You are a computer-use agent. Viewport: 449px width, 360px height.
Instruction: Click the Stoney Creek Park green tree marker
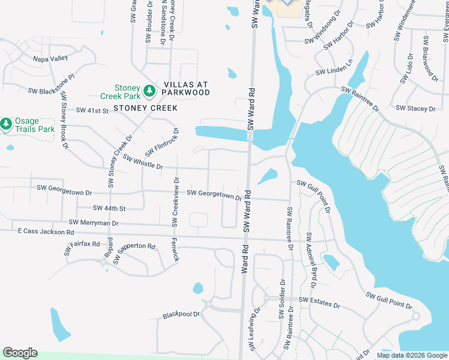pos(149,92)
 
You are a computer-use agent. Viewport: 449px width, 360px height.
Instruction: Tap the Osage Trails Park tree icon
pos(6,124)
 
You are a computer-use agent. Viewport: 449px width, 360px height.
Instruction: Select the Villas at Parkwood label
pos(183,88)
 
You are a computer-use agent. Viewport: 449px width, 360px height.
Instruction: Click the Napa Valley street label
pos(50,59)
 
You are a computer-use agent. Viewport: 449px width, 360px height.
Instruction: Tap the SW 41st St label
pos(92,110)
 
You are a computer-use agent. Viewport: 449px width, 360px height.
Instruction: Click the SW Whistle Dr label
pos(143,161)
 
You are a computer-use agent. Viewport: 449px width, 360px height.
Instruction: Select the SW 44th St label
pos(109,208)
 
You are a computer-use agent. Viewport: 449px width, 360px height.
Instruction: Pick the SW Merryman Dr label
pos(94,223)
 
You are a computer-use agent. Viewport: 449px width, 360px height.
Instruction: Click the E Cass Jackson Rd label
pos(46,232)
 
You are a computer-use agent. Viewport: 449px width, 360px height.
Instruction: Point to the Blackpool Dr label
pos(181,315)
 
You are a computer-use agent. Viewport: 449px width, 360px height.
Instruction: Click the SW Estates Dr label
pos(319,302)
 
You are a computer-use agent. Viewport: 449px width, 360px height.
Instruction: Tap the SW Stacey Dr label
pos(415,109)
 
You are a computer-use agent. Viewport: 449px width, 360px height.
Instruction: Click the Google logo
pos(20,353)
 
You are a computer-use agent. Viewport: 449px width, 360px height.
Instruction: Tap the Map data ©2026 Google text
pos(411,355)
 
